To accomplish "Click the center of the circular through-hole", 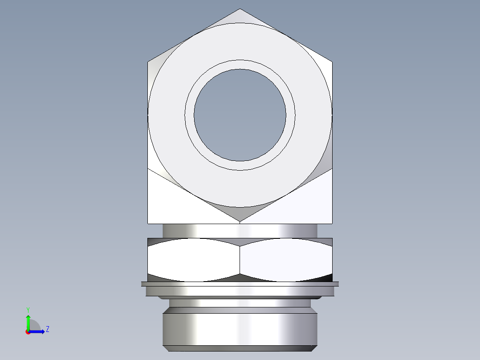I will point(240,115).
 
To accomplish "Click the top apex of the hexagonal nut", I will point(240,9).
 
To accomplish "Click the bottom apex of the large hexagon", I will point(240,221).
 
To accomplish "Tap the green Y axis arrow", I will point(28,320).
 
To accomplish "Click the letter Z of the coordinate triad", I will point(47,329).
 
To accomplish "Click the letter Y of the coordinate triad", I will point(28,309).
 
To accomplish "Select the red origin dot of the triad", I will point(28,331).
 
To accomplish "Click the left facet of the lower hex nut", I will point(194,260).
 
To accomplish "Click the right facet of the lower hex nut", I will point(286,260).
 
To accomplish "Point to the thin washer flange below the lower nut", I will point(240,284).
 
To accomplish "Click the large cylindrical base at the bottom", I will point(240,330).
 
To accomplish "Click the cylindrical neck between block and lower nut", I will point(240,231).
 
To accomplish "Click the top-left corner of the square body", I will point(148,61).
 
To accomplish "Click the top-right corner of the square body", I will point(332,61).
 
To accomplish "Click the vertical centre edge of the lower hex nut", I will point(240,260).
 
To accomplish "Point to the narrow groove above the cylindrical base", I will point(240,303).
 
